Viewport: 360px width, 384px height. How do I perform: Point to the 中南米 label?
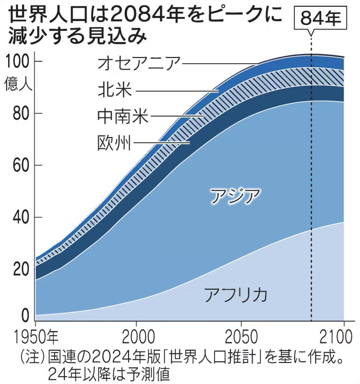pos(123,117)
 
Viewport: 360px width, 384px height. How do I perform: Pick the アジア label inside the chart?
pos(235,196)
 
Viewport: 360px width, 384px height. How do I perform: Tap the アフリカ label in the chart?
pos(235,294)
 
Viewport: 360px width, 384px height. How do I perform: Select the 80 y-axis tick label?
pos(21,113)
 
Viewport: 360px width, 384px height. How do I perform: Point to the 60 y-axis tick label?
pos(21,165)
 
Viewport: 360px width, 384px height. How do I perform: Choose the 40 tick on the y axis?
pos(21,217)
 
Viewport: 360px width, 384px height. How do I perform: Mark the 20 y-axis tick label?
pos(21,269)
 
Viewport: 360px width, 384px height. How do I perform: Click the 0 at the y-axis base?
pos(25,316)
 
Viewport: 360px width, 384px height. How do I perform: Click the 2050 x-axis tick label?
pos(241,337)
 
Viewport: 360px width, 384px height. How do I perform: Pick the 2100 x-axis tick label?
pos(337,337)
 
